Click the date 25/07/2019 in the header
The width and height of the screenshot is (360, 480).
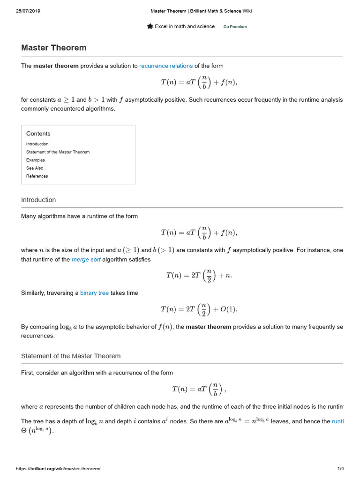tap(28, 11)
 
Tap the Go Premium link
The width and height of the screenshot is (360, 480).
tap(235, 27)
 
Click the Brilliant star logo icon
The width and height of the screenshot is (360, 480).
tap(150, 26)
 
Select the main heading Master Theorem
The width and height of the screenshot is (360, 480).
tap(53, 48)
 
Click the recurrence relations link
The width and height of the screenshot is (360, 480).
tap(166, 66)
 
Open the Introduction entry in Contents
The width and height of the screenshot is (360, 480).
tap(37, 144)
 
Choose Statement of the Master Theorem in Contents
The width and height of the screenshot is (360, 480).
tap(58, 152)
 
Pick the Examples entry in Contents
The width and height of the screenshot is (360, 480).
tap(36, 160)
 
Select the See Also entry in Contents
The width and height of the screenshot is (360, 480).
tap(35, 168)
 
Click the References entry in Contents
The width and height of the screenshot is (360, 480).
tap(37, 176)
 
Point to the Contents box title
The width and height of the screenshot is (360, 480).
tap(38, 134)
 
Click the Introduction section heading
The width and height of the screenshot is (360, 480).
tap(38, 200)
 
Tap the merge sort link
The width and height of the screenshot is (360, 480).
tap(86, 259)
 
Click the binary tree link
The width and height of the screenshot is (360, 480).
tap(94, 292)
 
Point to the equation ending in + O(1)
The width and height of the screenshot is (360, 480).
tap(199, 309)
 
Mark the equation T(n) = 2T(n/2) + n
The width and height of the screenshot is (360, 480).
tap(199, 276)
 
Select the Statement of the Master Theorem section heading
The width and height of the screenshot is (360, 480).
tap(71, 356)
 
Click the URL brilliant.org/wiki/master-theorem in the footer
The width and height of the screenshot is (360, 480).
tap(58, 469)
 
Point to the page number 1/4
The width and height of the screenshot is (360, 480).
tap(341, 469)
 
